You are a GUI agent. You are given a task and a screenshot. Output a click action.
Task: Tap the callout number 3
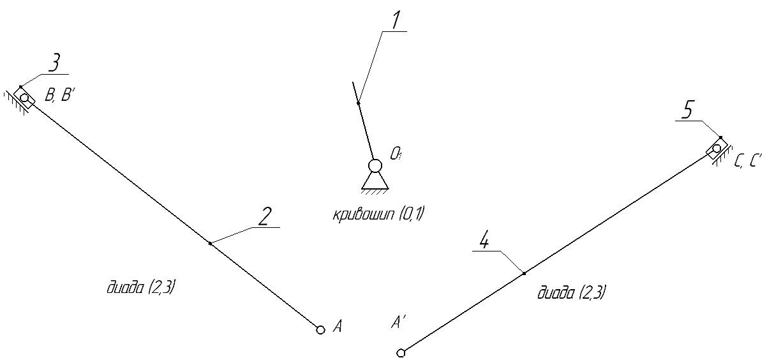(54, 64)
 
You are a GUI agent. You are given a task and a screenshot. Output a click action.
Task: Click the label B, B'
(58, 94)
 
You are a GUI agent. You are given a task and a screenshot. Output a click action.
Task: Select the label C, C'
(748, 161)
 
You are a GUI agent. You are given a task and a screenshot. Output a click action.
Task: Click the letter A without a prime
(338, 326)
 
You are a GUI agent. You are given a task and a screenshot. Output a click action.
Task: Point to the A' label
(399, 322)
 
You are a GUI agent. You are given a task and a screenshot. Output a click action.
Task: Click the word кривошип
(364, 215)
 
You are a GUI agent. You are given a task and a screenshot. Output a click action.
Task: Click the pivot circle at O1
(375, 166)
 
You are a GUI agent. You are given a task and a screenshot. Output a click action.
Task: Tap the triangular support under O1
(375, 181)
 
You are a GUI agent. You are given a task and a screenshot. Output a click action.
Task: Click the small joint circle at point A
(320, 330)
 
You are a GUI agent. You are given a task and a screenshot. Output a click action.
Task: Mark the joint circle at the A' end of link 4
(401, 352)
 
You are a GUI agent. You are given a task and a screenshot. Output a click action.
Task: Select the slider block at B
(25, 98)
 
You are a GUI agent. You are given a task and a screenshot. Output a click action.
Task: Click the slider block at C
(717, 149)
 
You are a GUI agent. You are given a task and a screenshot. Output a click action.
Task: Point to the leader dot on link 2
(210, 243)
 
